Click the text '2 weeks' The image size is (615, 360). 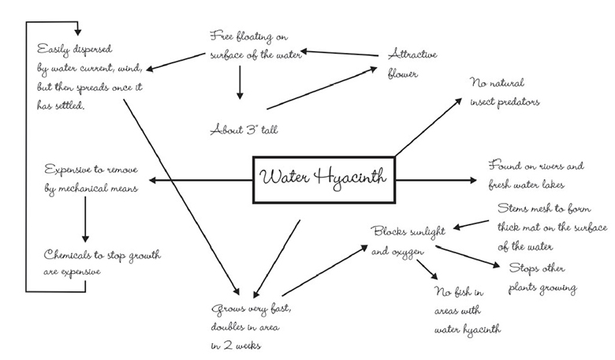(x=240, y=345)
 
